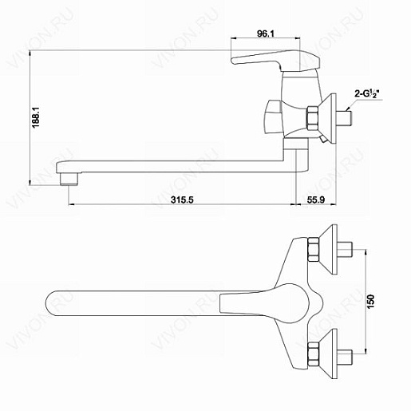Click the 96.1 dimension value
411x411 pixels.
265,34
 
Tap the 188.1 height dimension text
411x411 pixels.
36,117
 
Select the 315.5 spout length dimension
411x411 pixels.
182,200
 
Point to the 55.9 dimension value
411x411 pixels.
316,200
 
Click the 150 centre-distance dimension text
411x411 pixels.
371,302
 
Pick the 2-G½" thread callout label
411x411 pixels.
367,94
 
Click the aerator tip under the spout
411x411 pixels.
69,179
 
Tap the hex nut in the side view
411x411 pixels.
312,118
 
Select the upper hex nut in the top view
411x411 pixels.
313,249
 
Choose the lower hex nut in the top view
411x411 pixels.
313,354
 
